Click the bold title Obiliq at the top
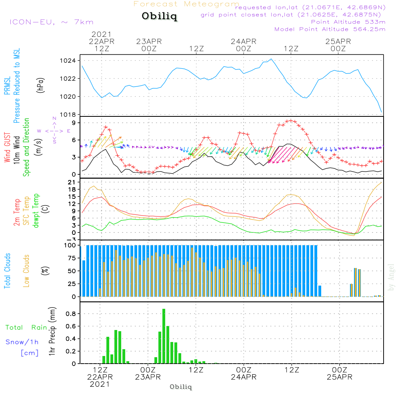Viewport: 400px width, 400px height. tap(159, 17)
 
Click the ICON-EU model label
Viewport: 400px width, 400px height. tap(51, 22)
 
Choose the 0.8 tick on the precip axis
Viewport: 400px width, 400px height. tap(71, 314)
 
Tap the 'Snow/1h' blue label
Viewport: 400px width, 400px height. tap(22, 342)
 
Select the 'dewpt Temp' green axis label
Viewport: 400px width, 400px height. tap(36, 211)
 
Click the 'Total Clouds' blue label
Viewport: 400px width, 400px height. tap(7, 271)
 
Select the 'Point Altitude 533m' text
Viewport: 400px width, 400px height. tap(348, 22)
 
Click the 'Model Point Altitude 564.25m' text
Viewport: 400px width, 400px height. tap(330, 29)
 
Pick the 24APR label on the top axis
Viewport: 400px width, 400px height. tap(243, 41)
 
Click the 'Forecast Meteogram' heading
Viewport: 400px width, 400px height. tap(186, 4)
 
